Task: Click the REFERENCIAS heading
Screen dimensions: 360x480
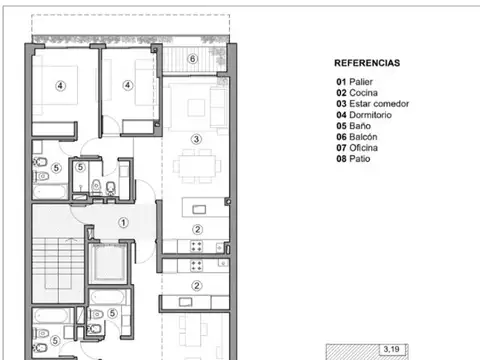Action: pyautogui.click(x=366, y=62)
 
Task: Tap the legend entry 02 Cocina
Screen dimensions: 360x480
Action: pyautogui.click(x=355, y=93)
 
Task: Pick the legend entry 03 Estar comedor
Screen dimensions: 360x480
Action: pyautogui.click(x=372, y=104)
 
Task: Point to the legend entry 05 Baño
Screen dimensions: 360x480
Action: pyautogui.click(x=352, y=126)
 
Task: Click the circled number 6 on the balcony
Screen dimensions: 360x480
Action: pyautogui.click(x=193, y=59)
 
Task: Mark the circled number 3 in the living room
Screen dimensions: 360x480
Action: pyautogui.click(x=197, y=139)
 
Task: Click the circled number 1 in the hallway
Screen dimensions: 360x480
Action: pyautogui.click(x=123, y=223)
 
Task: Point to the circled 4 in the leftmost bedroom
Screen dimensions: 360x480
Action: pyautogui.click(x=60, y=86)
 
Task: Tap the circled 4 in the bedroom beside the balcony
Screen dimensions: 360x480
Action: pyautogui.click(x=127, y=86)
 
